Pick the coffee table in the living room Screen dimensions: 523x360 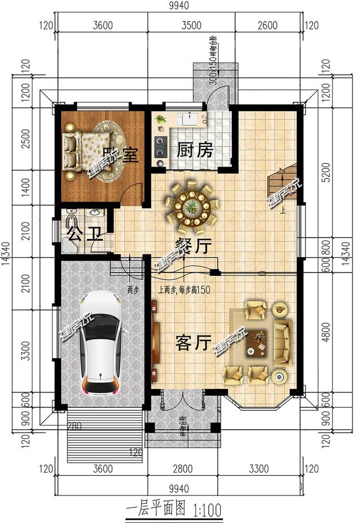click(x=258, y=343)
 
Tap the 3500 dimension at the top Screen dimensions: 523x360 click(x=191, y=25)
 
